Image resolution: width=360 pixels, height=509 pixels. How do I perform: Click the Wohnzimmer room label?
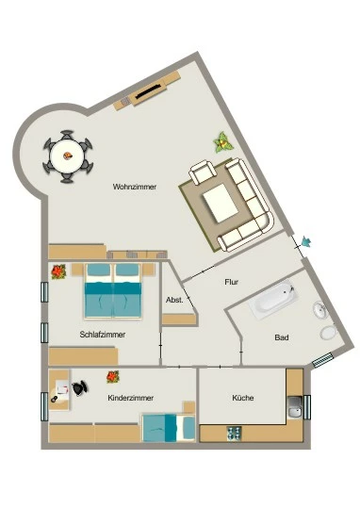coord(135,187)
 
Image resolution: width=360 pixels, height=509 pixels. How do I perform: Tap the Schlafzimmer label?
coord(103,335)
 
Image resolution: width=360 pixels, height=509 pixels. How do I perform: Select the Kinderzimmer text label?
coord(130,398)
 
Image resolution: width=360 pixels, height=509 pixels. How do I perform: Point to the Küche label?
coord(243,398)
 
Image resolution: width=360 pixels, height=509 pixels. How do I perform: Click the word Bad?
coord(282,337)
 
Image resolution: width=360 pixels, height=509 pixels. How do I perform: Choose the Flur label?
coord(232,282)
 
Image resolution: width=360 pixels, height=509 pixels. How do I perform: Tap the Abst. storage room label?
coord(174,300)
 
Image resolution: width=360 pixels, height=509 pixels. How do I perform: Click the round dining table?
coord(68,156)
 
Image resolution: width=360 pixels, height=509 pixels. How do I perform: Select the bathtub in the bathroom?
coord(273,300)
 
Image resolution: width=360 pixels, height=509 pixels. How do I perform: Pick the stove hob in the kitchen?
coord(234,433)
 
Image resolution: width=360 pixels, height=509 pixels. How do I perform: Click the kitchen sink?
coord(295,407)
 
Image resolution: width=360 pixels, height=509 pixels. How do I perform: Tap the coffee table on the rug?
coord(221,203)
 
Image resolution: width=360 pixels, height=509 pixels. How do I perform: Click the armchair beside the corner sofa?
coord(203,172)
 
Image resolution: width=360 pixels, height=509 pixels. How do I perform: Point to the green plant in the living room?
coord(223,142)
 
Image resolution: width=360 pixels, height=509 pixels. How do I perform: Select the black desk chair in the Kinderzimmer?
coord(80,388)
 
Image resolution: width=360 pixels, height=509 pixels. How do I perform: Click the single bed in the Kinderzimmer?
coord(169,428)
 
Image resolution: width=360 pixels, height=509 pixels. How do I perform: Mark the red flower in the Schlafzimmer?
coord(58,271)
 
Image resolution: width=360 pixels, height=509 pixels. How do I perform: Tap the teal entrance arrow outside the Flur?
coord(305,242)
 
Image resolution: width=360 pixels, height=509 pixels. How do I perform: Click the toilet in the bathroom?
coord(328,333)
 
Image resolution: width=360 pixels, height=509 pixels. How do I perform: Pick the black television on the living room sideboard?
coord(148,91)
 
